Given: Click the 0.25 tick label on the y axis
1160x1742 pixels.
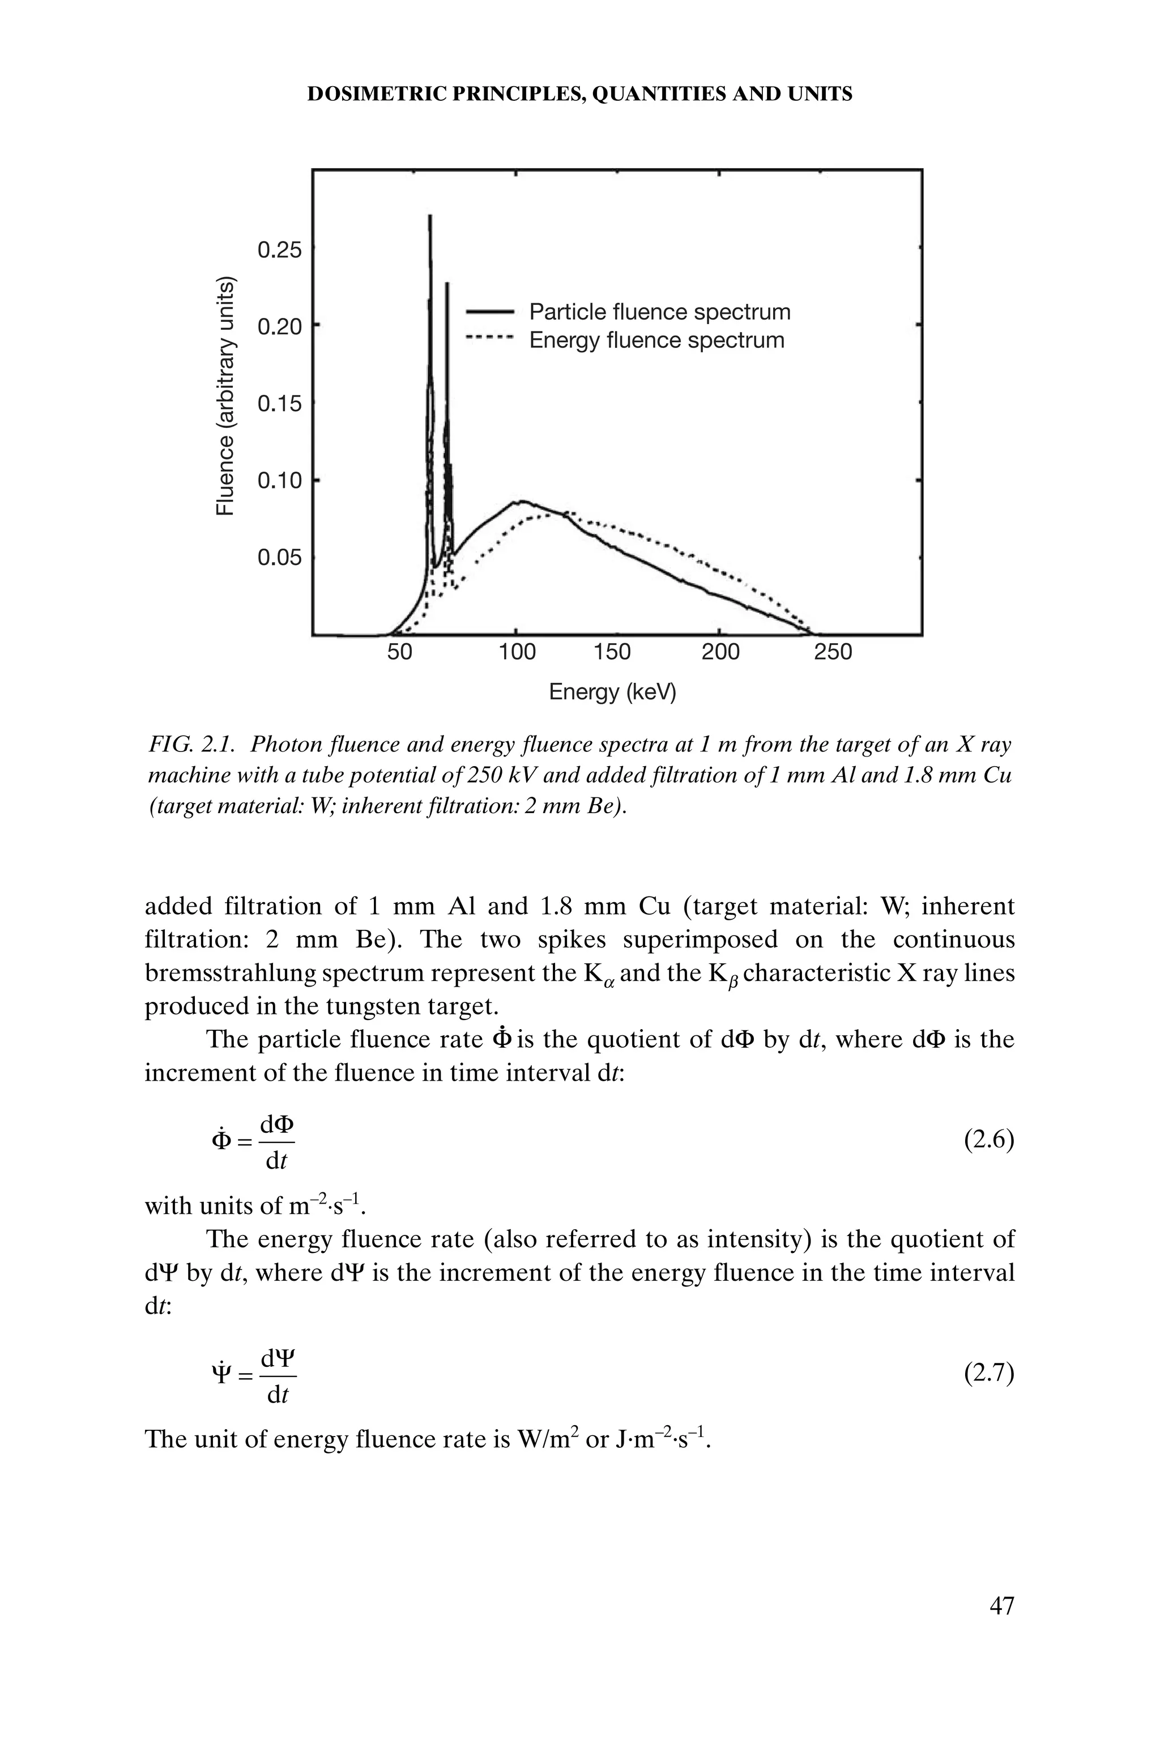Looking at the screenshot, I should pos(280,251).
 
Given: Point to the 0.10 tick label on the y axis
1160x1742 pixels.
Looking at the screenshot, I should pos(280,481).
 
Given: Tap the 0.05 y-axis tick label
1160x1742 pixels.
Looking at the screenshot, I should pos(280,557).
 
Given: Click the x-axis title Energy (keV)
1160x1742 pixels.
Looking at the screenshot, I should pos(612,692).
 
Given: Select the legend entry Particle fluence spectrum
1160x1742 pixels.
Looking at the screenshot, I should pos(659,312).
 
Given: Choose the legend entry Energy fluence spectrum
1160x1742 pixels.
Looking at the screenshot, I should pos(656,341).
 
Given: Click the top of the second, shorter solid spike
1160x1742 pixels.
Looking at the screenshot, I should pos(447,284).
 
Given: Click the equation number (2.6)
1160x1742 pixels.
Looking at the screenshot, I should pos(988,1140).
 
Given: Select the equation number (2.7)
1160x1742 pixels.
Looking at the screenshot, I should pos(988,1374).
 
